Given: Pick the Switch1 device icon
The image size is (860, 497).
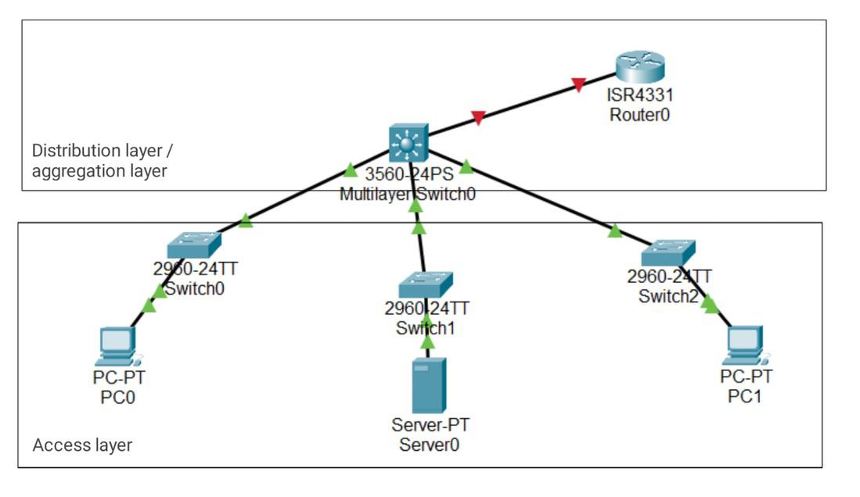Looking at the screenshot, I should [425, 284].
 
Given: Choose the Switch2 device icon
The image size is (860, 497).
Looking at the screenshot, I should [667, 254].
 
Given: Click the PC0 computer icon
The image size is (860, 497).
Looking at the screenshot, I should [117, 346].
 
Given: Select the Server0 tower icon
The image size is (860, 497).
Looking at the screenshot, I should [429, 385].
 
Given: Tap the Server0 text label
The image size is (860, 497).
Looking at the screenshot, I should [429, 445].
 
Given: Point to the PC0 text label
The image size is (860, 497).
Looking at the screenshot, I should [118, 398].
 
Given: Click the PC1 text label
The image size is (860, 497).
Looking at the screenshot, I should [746, 396].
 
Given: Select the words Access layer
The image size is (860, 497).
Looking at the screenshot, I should [82, 445].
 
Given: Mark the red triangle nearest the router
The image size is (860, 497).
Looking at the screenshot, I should [578, 84].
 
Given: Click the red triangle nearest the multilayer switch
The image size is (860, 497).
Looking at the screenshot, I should [478, 118].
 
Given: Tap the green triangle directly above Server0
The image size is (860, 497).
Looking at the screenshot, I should [426, 341].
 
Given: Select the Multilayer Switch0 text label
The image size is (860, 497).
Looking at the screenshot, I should [407, 194].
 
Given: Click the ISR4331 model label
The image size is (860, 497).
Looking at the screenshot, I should [639, 96].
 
